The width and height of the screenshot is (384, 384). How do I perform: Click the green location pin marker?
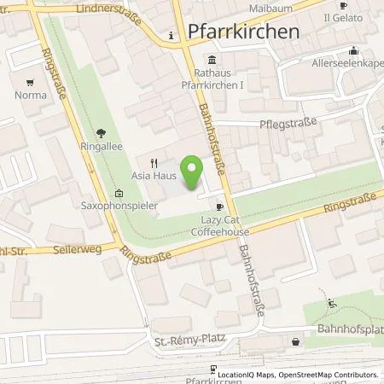(194, 170)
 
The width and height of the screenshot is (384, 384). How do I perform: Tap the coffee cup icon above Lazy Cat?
(220, 206)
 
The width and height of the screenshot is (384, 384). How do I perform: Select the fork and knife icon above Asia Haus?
(154, 161)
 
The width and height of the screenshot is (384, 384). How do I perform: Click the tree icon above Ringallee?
(101, 133)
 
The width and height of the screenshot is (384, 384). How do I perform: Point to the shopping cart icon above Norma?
(31, 83)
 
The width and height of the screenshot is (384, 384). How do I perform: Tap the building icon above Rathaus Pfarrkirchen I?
(212, 60)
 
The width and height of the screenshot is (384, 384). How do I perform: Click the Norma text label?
(30, 96)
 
